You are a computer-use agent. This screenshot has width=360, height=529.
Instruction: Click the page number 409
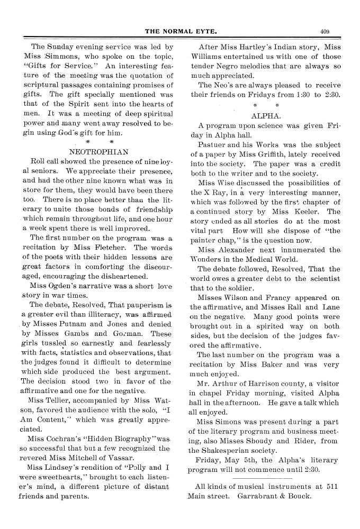point(325,31)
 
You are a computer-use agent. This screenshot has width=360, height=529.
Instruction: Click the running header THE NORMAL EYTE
point(181,31)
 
